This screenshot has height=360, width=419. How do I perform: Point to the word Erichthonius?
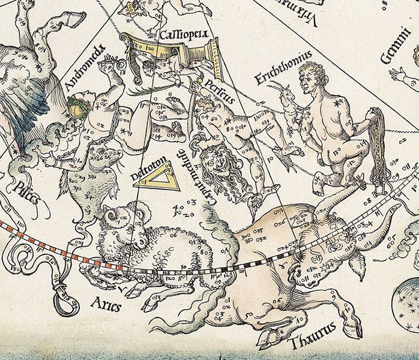[282, 65]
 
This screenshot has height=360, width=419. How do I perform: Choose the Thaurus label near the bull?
[313, 343]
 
